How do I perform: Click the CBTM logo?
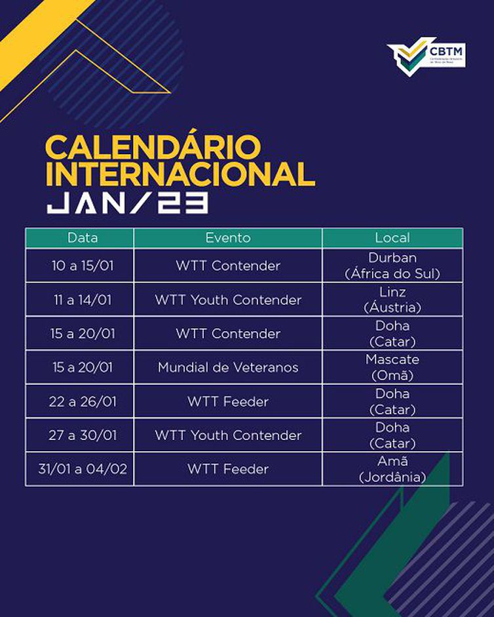(x=425, y=56)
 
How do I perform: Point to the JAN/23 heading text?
(x=127, y=203)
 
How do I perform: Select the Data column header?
(x=82, y=237)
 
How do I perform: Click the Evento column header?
(x=228, y=237)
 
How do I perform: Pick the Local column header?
(x=392, y=237)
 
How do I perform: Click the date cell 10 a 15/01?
(x=82, y=266)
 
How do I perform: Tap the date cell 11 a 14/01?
(x=82, y=300)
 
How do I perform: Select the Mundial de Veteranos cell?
(x=228, y=367)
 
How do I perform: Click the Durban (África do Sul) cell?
(x=392, y=266)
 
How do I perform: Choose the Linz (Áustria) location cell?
(x=392, y=300)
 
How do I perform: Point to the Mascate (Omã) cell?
(x=392, y=367)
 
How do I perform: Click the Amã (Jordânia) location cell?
(x=392, y=469)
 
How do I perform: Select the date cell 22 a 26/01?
(x=82, y=401)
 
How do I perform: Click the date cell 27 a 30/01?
(x=82, y=435)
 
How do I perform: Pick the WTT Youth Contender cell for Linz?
(x=228, y=300)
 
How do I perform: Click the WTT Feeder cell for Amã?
(x=228, y=469)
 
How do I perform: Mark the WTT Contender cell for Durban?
(x=228, y=266)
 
